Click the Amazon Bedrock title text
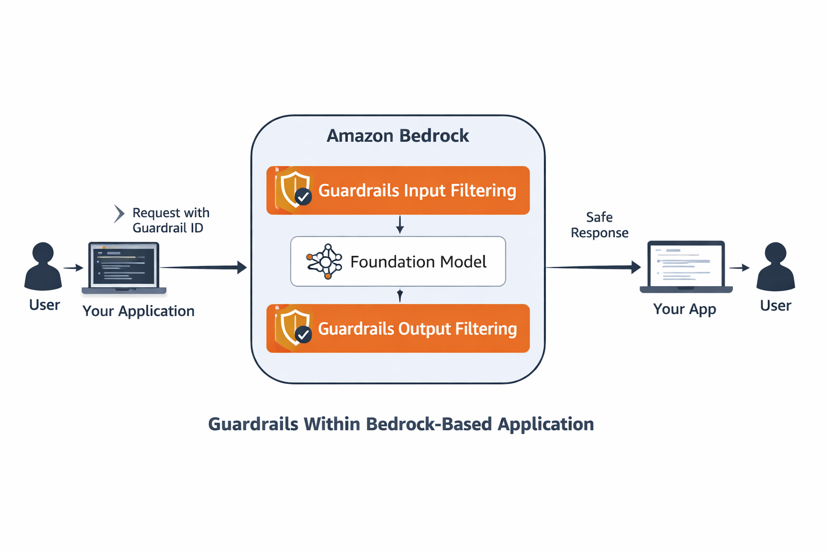tap(397, 136)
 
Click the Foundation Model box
tap(398, 261)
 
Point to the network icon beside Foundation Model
tap(325, 261)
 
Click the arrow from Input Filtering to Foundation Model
tap(400, 225)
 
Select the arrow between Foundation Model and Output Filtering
tap(400, 295)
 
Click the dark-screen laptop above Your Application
tap(124, 267)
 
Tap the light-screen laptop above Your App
tap(686, 266)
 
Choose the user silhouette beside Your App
tap(775, 266)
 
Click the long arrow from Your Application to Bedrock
tap(204, 267)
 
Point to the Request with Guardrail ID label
tap(170, 220)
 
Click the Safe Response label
tap(599, 225)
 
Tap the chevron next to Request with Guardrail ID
tap(119, 213)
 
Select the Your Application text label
tap(138, 311)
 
